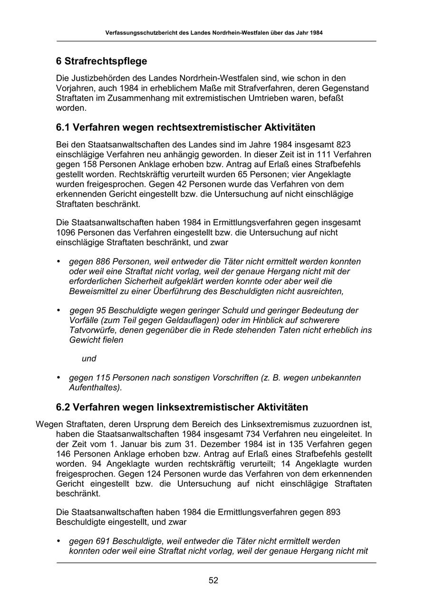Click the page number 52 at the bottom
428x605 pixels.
coord(214,580)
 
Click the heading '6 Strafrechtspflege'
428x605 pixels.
coord(101,61)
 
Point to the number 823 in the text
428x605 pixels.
coord(344,144)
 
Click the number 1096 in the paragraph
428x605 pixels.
coord(66,232)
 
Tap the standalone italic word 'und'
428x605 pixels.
coord(89,359)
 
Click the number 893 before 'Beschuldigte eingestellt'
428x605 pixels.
coord(333,512)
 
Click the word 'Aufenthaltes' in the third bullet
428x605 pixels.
coord(94,388)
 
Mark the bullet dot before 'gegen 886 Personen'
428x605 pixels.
coord(58,261)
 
